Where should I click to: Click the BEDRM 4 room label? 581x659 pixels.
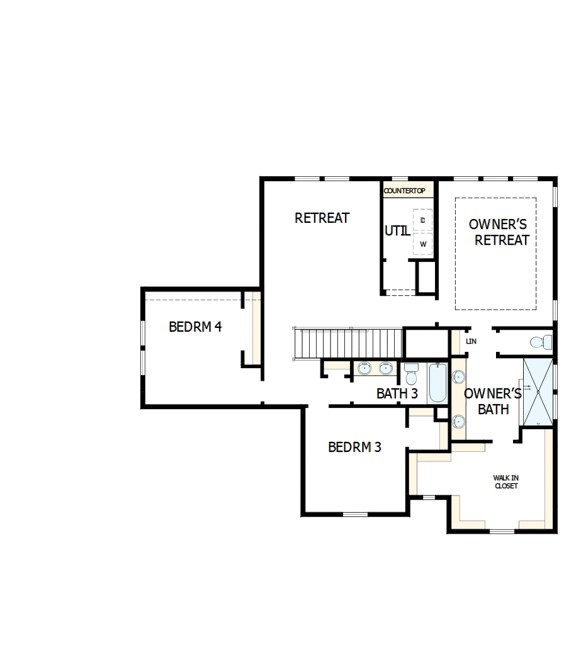195,327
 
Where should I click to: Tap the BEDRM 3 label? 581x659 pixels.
354,448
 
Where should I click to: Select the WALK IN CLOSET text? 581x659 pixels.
506,482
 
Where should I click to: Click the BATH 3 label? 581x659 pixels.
397,394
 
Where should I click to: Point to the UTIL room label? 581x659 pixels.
397,231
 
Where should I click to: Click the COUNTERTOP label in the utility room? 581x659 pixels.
405,190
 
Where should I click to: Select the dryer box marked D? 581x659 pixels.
422,220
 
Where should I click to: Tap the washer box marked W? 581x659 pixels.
422,244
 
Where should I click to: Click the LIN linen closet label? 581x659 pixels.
471,341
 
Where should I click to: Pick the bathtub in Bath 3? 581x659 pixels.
438,383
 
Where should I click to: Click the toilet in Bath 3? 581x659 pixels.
412,374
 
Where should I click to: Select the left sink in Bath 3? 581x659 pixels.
364,368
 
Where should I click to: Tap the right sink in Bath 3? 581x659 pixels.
385,368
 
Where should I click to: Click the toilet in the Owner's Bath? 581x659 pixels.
540,342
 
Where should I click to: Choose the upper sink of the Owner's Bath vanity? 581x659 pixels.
458,376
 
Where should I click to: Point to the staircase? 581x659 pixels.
348,344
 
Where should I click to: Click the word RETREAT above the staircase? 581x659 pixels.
322,218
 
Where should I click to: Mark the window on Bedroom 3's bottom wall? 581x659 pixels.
355,514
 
